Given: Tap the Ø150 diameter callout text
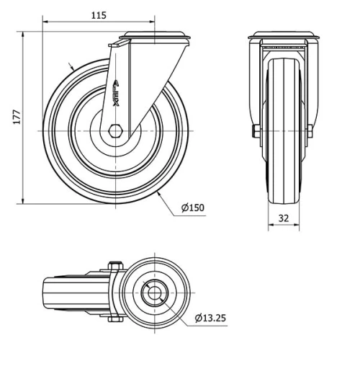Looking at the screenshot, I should (193, 207).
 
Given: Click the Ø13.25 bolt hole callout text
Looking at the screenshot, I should (211, 317).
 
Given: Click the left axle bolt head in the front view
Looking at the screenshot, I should (256, 131).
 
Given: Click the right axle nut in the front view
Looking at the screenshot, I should (310, 131).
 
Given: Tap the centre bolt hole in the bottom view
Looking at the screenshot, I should (154, 293).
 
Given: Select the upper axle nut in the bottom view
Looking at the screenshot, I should (113, 267).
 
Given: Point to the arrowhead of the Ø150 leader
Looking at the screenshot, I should (157, 192).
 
